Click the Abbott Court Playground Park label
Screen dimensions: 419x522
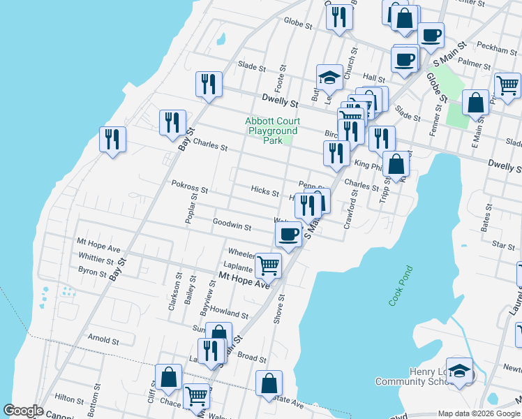tap(271, 131)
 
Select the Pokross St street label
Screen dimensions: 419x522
tap(190, 189)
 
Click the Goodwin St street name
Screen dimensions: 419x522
tap(232, 225)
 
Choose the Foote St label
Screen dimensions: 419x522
tap(283, 73)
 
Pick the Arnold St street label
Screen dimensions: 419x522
tap(103, 341)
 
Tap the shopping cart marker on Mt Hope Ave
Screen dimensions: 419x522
tap(269, 265)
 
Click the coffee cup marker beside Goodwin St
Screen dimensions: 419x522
tap(288, 235)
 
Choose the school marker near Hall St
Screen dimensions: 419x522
tap(329, 78)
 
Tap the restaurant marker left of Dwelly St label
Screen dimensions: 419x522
tap(209, 84)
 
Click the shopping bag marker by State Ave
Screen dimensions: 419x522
tap(269, 383)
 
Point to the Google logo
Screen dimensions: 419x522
tap(23, 411)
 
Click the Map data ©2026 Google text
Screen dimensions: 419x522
tap(479, 413)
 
